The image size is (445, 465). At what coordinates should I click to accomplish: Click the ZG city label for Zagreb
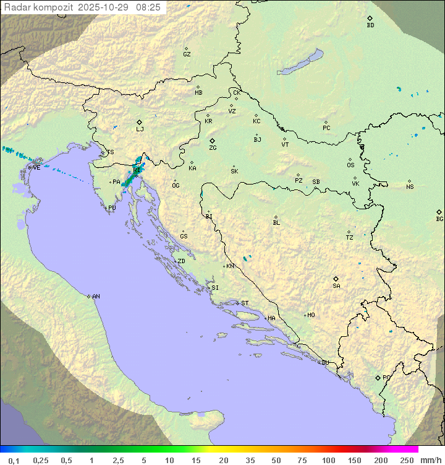click(213, 149)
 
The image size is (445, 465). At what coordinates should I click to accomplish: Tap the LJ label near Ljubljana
click(140, 129)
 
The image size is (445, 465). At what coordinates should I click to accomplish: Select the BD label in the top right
click(370, 25)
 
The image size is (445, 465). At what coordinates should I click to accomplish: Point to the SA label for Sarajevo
click(336, 286)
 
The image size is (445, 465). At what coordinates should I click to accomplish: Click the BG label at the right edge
click(439, 219)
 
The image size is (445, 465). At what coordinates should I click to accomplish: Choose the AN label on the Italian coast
click(96, 297)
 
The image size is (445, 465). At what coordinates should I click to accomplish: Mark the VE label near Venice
click(36, 167)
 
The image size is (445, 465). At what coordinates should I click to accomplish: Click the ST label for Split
click(245, 303)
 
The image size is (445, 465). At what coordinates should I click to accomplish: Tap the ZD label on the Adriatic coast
click(181, 261)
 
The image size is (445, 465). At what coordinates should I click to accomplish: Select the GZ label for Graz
click(187, 54)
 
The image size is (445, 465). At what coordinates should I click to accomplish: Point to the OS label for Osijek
click(350, 165)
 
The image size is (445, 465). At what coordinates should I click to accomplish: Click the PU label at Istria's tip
click(112, 208)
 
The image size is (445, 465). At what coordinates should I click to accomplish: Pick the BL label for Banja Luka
click(276, 223)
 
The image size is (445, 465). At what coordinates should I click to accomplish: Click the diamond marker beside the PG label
click(378, 377)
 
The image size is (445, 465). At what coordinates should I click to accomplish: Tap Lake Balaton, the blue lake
click(300, 63)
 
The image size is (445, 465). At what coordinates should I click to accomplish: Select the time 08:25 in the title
click(149, 7)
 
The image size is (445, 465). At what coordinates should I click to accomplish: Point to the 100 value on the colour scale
click(329, 460)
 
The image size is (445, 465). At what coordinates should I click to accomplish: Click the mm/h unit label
click(428, 460)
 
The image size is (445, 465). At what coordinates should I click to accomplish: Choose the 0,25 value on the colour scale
click(41, 460)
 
